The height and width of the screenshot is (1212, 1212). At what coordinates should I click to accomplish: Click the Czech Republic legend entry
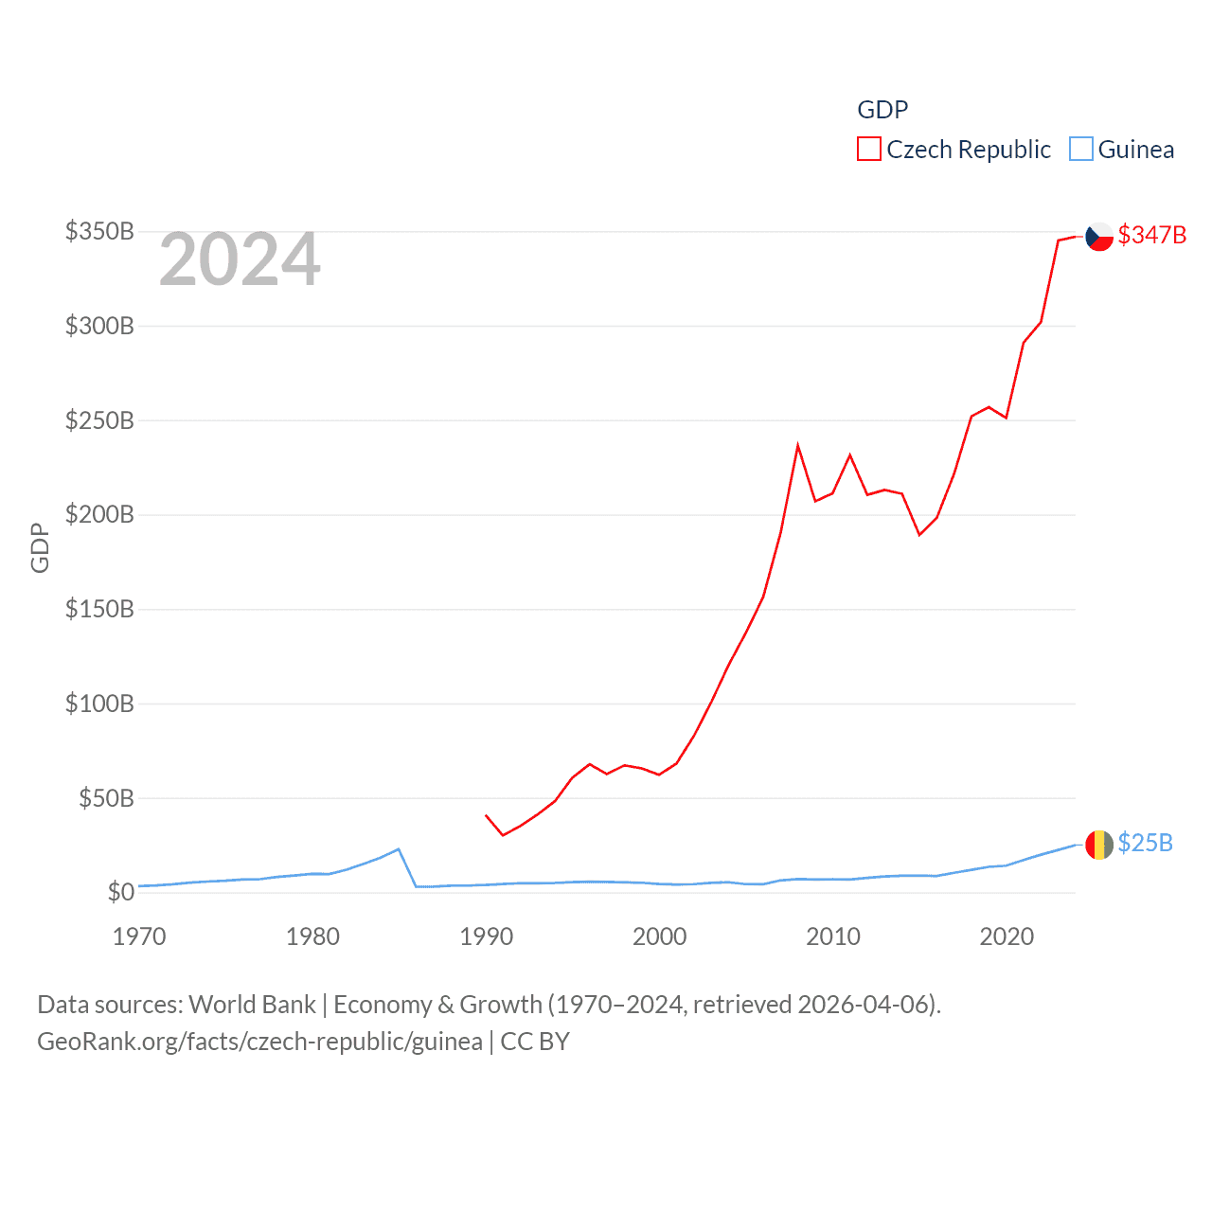point(954,150)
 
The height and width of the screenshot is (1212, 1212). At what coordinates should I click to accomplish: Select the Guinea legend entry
point(1122,150)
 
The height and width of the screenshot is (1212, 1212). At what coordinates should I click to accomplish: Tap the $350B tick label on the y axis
point(99,231)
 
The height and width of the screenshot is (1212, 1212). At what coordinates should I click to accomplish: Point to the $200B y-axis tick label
point(99,514)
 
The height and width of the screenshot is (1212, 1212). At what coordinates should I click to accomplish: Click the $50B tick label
point(106,798)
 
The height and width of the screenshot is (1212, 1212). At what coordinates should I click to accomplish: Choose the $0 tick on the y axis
point(120,892)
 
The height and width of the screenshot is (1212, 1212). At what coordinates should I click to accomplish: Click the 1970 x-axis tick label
point(139,936)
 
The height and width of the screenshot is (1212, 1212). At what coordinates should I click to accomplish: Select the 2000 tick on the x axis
point(660,936)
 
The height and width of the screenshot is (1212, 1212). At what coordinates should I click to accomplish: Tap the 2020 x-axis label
point(1007,936)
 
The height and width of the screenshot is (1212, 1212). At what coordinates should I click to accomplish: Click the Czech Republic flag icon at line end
point(1099,236)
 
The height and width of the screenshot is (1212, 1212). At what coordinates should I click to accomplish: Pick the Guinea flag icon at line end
point(1099,845)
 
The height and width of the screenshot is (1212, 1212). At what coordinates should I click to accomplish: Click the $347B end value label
point(1151,235)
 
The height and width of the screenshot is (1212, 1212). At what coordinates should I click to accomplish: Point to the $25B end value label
point(1145,843)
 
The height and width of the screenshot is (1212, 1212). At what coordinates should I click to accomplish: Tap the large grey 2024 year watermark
point(240,259)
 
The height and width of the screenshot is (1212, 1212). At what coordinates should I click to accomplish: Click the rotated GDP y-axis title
point(40,547)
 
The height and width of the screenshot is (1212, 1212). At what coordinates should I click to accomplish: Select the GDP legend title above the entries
point(882,110)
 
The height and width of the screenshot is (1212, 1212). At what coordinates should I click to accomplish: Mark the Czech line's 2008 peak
point(798,445)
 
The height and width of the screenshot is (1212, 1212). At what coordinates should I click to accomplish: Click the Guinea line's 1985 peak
point(399,849)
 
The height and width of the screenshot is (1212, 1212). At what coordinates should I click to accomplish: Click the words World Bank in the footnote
point(252,1004)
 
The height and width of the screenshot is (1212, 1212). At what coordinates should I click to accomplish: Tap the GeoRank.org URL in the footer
point(259,1042)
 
